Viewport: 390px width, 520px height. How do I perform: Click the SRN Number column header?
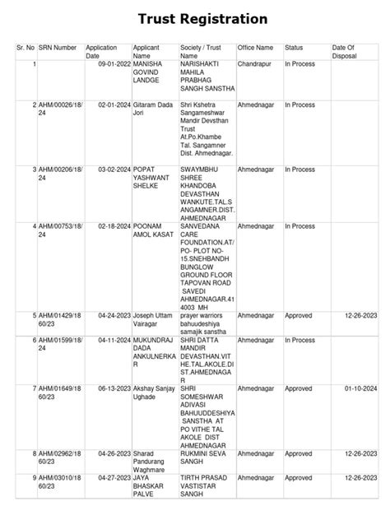[58, 48]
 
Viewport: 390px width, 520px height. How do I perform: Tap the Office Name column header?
[256, 48]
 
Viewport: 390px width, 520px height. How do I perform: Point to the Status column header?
[294, 48]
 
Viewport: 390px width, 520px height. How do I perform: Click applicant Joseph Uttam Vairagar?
[155, 315]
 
